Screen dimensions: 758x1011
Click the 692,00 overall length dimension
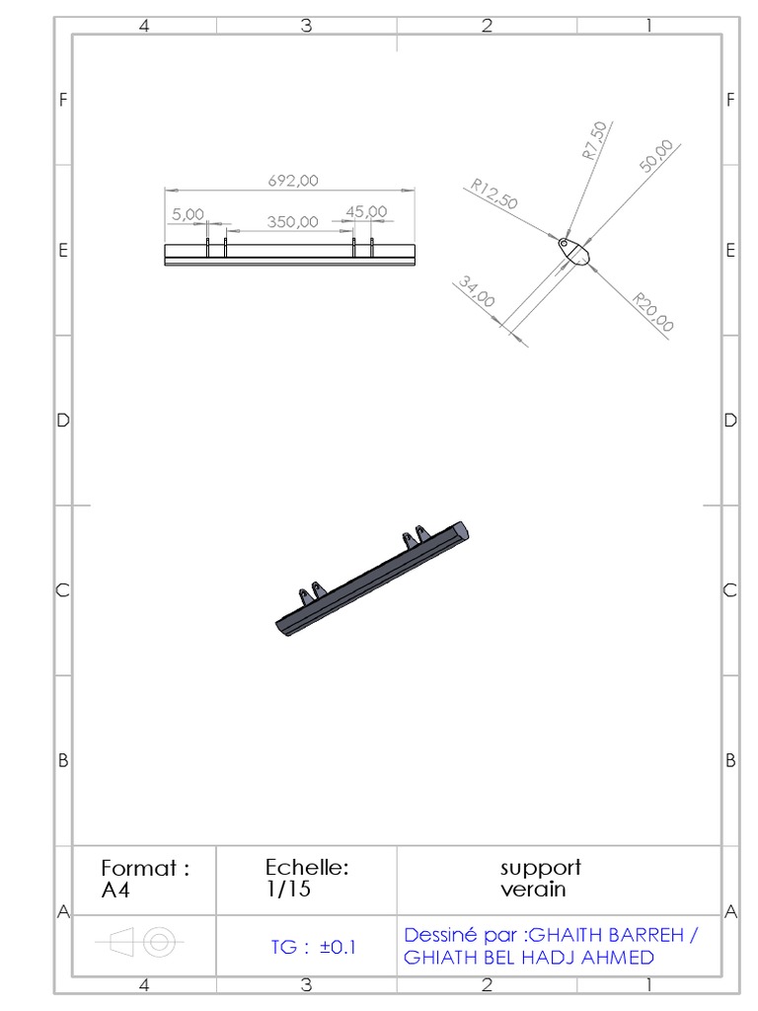[293, 181]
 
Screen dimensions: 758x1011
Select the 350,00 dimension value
[292, 222]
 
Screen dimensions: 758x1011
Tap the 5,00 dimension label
[188, 214]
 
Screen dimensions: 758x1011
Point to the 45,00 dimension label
[366, 211]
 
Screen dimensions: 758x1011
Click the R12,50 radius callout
[494, 194]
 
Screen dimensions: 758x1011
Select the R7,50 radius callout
[594, 140]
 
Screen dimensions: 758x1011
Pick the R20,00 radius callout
[653, 312]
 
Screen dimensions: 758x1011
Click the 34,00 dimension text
[477, 291]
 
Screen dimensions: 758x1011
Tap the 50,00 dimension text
[656, 156]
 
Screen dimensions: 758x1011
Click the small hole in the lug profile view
[564, 244]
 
